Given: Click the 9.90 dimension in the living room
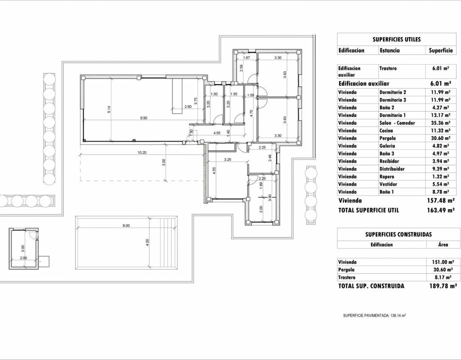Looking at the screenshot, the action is (x=144, y=118).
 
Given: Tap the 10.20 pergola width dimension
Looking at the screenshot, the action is (x=142, y=153).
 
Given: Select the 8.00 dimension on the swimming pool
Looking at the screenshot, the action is (x=126, y=226).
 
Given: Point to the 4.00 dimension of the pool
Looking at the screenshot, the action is (x=148, y=243).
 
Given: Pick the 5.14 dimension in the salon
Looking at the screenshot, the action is (x=109, y=110).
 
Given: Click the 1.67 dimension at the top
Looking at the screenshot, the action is (x=247, y=58).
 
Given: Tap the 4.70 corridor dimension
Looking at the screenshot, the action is (x=251, y=113).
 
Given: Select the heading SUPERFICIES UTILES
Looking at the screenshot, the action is (x=397, y=40).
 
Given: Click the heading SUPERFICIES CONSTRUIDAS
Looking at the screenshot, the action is (x=398, y=234).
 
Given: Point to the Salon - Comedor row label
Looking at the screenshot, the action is (x=397, y=123).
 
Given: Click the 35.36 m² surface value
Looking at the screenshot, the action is (x=440, y=123).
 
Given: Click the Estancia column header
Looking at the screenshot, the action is (x=389, y=50).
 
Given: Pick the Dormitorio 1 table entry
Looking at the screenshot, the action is (x=393, y=115).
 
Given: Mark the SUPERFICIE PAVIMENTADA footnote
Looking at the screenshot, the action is (x=375, y=315).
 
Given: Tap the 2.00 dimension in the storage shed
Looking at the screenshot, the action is (x=23, y=258).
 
